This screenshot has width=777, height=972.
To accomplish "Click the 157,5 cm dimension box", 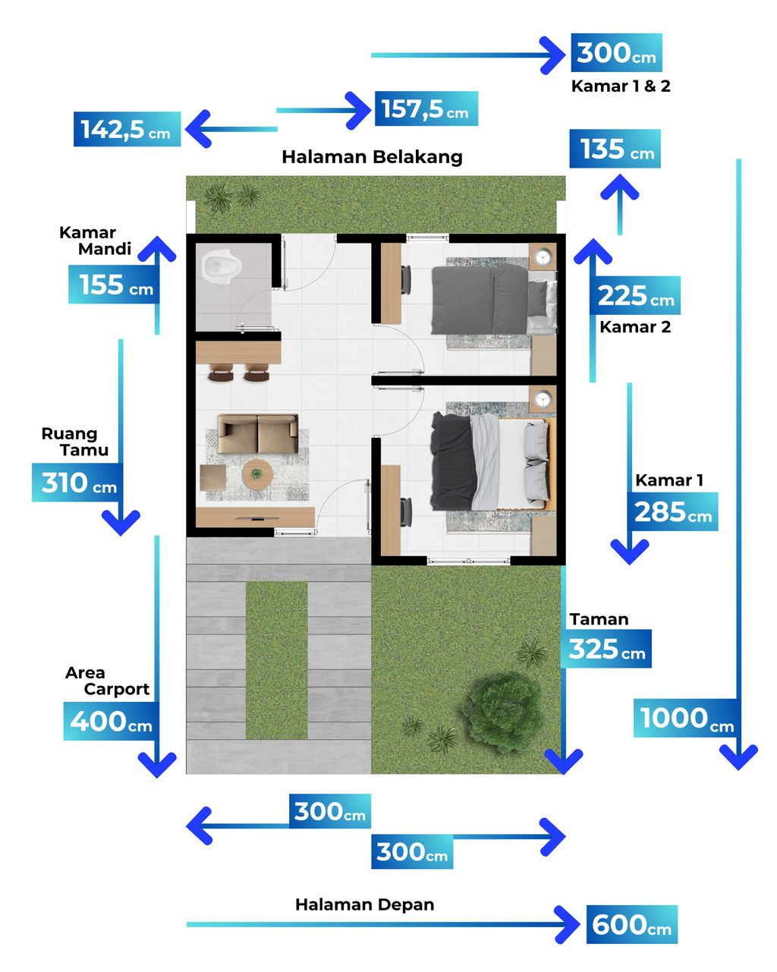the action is [x=426, y=109].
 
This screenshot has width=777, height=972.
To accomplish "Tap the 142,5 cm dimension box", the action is [x=127, y=129].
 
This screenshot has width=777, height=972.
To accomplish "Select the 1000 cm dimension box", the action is [x=686, y=718].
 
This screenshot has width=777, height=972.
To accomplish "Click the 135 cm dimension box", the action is [x=615, y=149].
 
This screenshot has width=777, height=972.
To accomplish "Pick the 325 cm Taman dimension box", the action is [x=606, y=649].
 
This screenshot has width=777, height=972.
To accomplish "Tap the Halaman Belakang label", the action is [x=372, y=157].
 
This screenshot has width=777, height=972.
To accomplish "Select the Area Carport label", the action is [x=107, y=681].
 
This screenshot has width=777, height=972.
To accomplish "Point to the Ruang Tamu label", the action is [x=75, y=442].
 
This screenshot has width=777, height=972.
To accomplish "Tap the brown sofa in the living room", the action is [x=257, y=433].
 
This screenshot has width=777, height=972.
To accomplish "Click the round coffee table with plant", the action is [x=257, y=475].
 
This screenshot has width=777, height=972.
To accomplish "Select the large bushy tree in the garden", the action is [x=502, y=710].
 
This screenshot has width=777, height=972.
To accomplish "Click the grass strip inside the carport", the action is [x=276, y=660].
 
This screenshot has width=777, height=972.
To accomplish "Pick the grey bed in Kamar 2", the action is [x=494, y=300].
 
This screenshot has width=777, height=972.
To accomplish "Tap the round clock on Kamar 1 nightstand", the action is [x=542, y=399].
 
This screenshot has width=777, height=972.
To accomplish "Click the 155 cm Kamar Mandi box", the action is [x=114, y=284].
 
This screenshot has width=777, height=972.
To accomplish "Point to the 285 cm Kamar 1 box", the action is [x=672, y=511].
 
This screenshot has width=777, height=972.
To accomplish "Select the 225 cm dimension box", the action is [x=634, y=295].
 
